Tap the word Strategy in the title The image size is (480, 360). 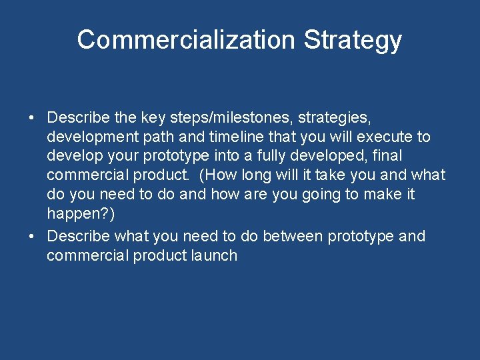(x=353, y=39)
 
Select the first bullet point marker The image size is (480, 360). (x=31, y=118)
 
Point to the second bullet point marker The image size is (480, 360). (x=31, y=236)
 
